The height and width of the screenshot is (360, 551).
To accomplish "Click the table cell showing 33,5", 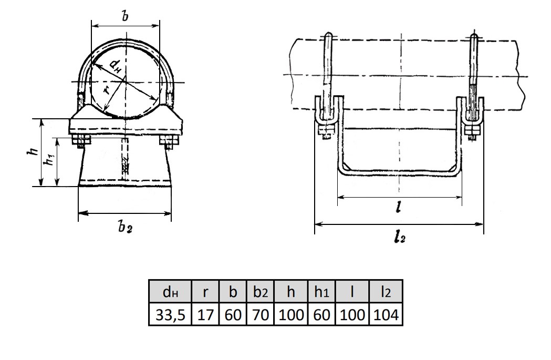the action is pos(170,314).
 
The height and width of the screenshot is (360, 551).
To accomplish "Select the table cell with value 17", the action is pos(205,314).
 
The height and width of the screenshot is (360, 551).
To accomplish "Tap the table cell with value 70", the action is pos(261,314).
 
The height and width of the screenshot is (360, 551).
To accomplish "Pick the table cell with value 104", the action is pos(386,314).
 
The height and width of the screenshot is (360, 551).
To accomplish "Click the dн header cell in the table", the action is pos(170,292).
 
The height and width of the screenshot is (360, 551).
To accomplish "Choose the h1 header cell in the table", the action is pos(321,292).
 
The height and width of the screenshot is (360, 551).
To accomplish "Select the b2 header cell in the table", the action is pos(261,292).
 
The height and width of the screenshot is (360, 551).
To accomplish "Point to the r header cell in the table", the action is pos(205,292).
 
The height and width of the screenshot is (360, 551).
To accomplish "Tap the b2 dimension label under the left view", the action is pos(125,228).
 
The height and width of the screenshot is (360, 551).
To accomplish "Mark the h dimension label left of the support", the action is pos(33,151).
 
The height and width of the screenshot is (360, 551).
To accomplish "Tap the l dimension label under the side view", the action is pos(398,208).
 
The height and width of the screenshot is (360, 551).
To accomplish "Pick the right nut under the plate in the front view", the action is pos(169,141).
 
